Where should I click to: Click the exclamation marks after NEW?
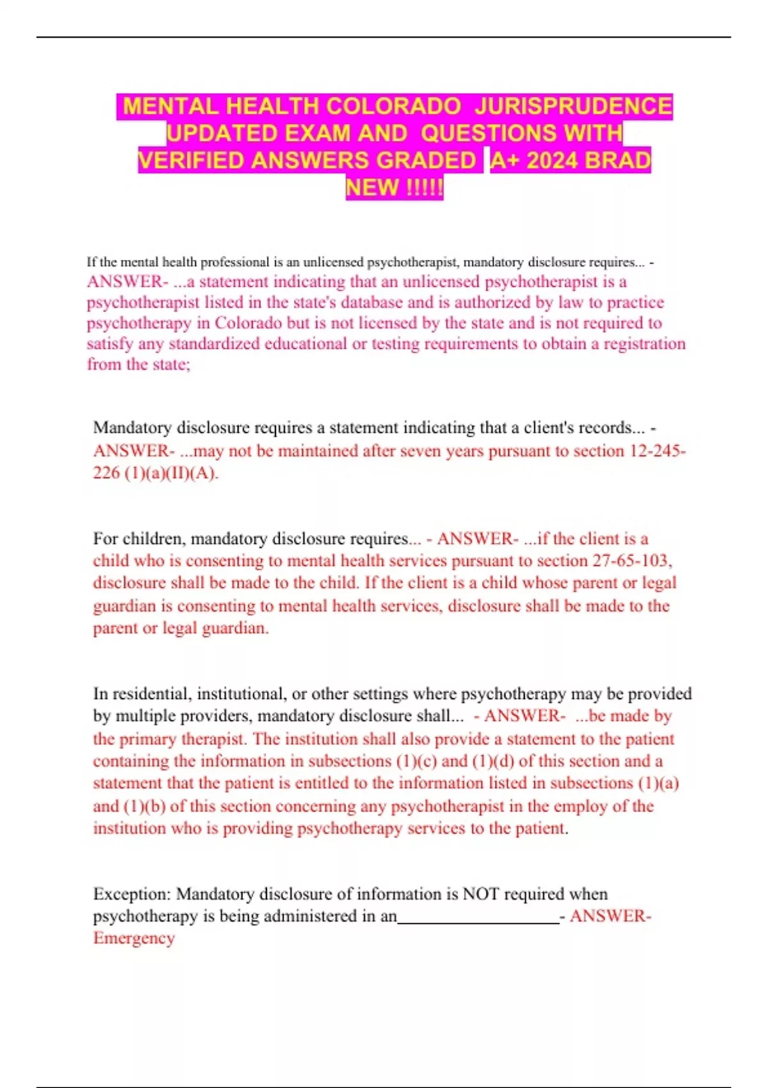click(x=424, y=188)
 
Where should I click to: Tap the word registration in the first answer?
click(x=644, y=344)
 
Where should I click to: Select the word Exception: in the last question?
click(x=132, y=893)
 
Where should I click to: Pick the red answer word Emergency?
click(x=134, y=938)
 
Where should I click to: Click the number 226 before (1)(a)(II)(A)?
click(x=106, y=473)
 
